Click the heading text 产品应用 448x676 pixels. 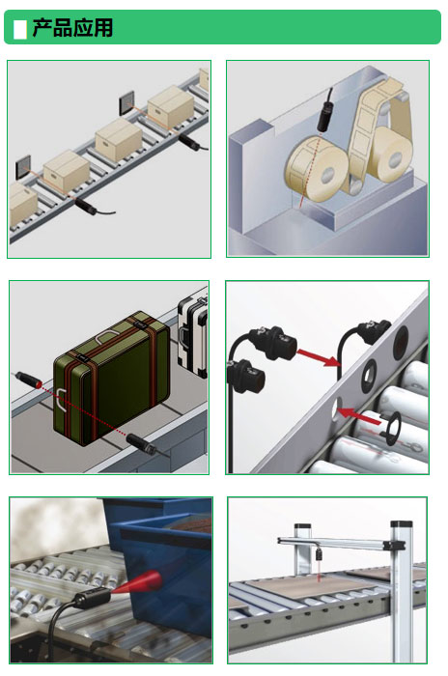(72, 28)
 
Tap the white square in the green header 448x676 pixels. (20, 29)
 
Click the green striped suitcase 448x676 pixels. (111, 378)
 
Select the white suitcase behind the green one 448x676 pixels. (193, 336)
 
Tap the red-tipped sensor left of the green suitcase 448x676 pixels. (28, 379)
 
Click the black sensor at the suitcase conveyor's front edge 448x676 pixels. (141, 444)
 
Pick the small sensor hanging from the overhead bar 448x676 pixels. (319, 552)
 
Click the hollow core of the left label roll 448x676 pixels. (327, 176)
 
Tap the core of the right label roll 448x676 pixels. (395, 160)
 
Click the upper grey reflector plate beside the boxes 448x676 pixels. (126, 103)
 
